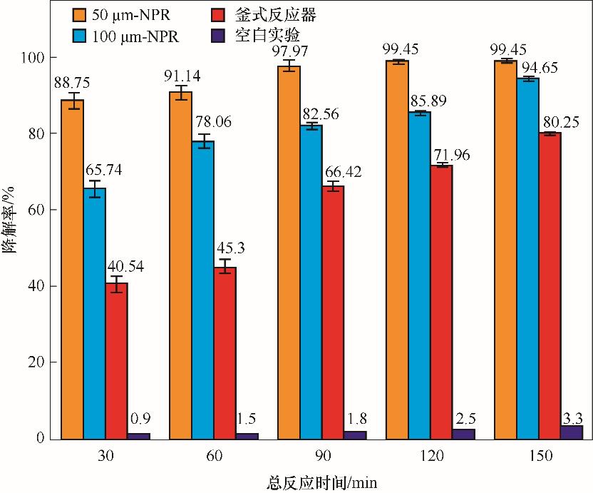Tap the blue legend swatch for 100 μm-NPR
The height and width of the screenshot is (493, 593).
(x=82, y=34)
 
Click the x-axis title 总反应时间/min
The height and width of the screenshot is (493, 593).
(x=322, y=482)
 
